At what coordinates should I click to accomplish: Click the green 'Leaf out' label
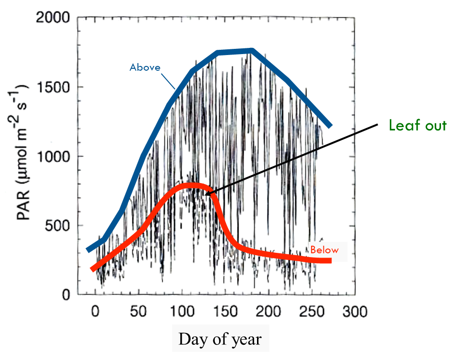(418, 125)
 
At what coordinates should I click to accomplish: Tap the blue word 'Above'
(145, 67)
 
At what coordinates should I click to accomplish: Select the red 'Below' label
(324, 250)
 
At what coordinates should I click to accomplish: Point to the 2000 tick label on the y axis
(53, 19)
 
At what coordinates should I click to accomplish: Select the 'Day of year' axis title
(220, 339)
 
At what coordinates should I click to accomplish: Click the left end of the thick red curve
(92, 269)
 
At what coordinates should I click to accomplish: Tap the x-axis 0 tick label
(95, 312)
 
